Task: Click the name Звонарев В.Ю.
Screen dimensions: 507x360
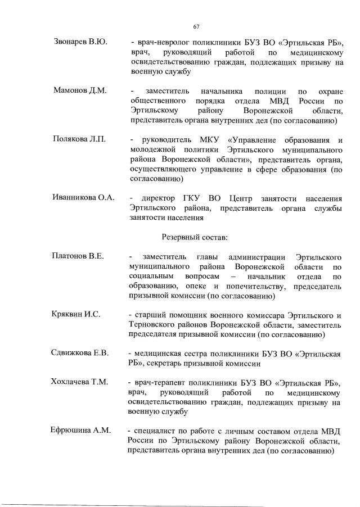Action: [81, 42]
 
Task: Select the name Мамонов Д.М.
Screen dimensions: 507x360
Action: [80, 91]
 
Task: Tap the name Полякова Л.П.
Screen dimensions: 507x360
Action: [80, 139]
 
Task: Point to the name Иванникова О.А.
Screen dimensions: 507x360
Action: [84, 198]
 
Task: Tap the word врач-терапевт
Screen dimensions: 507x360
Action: [161, 382]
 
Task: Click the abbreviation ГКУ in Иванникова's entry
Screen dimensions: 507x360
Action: [192, 198]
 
